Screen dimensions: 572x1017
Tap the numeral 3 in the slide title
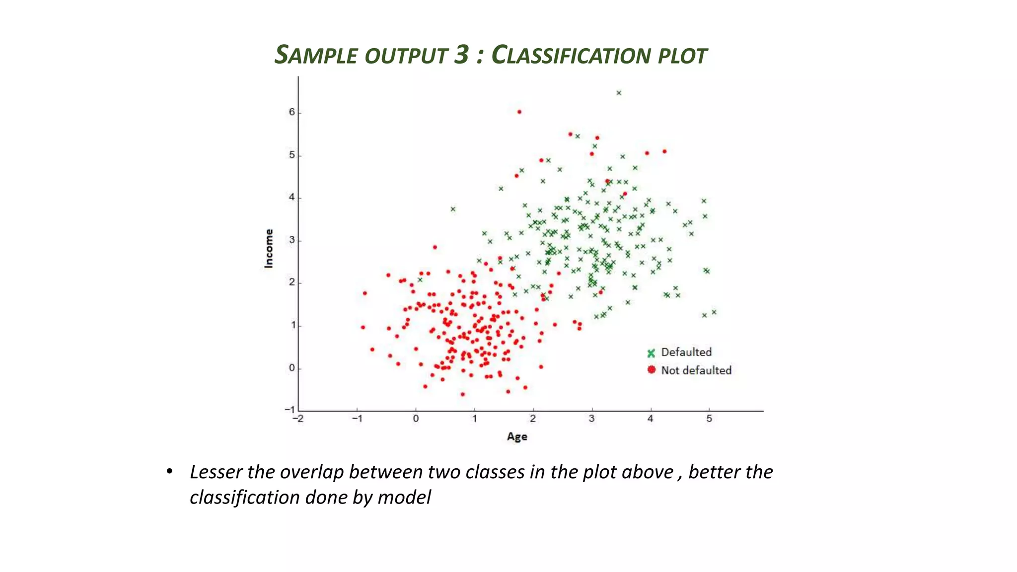pos(461,54)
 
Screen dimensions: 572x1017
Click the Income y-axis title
pos(269,248)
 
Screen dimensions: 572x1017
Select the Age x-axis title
pos(517,436)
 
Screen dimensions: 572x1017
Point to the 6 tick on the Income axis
pos(292,112)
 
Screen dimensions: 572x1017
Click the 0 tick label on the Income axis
pos(292,368)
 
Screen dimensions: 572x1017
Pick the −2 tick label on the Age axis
pos(298,419)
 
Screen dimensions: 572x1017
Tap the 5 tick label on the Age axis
pos(709,419)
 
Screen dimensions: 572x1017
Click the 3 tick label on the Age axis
pos(591,419)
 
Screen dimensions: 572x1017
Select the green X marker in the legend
pos(651,353)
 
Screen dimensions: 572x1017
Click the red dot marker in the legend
pos(652,369)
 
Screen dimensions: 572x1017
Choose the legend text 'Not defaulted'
pos(696,370)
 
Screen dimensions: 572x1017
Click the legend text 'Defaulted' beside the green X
pos(686,352)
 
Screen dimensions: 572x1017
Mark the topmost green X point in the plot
pos(619,93)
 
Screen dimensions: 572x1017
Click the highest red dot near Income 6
pos(519,112)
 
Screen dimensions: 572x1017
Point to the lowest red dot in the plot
pos(463,394)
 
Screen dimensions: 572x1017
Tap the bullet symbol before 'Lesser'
pos(169,471)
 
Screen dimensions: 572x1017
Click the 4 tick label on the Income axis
pos(292,197)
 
